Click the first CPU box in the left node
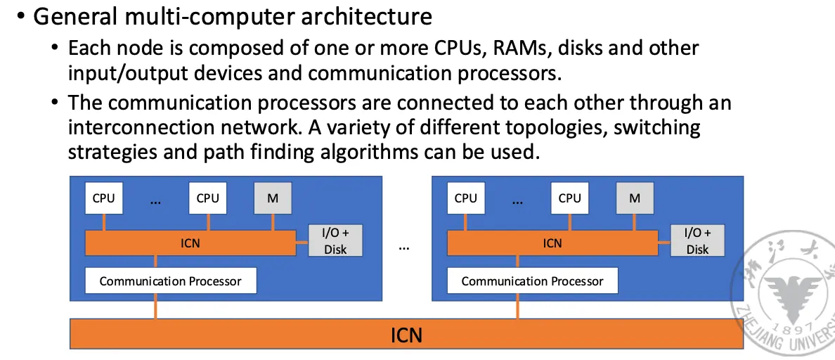103,198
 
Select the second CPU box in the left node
207,198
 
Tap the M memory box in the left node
273,198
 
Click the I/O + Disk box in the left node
335,241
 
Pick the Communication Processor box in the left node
170,281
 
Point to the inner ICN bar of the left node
190,243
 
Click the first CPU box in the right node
465,198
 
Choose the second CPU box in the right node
569,198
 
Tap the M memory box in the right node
635,198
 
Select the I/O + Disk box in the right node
697,241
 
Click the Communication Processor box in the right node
532,281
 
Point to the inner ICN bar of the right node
552,243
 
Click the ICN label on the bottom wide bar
406,335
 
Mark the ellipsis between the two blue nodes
404,247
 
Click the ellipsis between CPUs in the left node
155,201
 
